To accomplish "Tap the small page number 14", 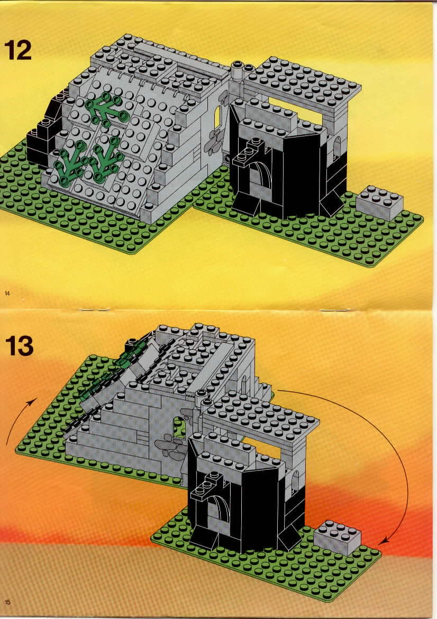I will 7,292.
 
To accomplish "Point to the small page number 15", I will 7,602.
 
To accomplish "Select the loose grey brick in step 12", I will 379,203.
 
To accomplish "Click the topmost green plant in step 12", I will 105,109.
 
